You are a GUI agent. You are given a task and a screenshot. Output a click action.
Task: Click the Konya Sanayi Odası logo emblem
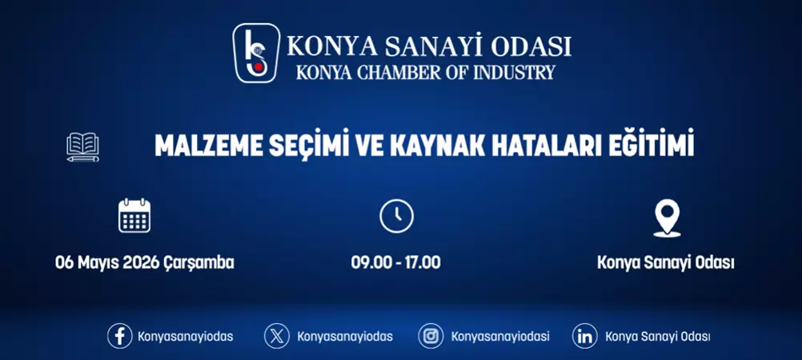(x=256, y=53)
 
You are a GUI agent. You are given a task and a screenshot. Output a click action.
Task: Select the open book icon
(x=83, y=147)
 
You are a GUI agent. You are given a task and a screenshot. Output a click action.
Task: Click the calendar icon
(x=134, y=215)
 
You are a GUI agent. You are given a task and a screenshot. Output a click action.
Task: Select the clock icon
(x=396, y=216)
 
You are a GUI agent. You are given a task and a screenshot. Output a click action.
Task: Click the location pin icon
(x=666, y=217)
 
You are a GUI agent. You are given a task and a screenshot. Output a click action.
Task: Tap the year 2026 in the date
(x=141, y=262)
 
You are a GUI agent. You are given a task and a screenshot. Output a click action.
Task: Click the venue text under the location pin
(x=666, y=262)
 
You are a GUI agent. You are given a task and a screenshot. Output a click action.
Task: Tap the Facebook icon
(x=120, y=336)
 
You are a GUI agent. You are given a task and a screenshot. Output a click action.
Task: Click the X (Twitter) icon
(x=277, y=336)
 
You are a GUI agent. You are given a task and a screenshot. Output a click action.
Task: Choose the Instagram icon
(x=431, y=336)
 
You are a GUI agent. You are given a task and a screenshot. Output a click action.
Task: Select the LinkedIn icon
(x=585, y=336)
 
